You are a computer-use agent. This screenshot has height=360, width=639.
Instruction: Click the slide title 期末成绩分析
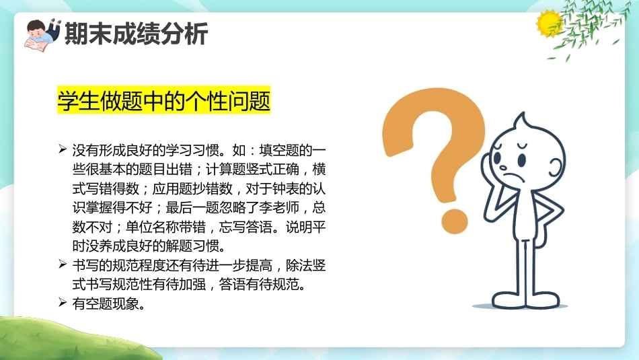pyautogui.click(x=136, y=33)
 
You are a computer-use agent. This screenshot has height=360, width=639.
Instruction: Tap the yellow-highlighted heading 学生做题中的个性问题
pyautogui.click(x=164, y=100)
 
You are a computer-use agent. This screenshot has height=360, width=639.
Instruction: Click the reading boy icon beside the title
pyautogui.click(x=42, y=35)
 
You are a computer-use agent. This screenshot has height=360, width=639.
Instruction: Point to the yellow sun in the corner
pyautogui.click(x=548, y=24)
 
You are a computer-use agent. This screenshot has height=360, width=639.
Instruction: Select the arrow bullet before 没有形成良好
pyautogui.click(x=63, y=149)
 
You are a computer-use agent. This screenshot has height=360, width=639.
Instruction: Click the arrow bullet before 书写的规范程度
pyautogui.click(x=63, y=264)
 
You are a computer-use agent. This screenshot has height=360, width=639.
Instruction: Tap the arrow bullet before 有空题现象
pyautogui.click(x=63, y=303)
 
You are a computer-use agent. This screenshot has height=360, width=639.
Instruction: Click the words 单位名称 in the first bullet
pyautogui.click(x=152, y=227)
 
